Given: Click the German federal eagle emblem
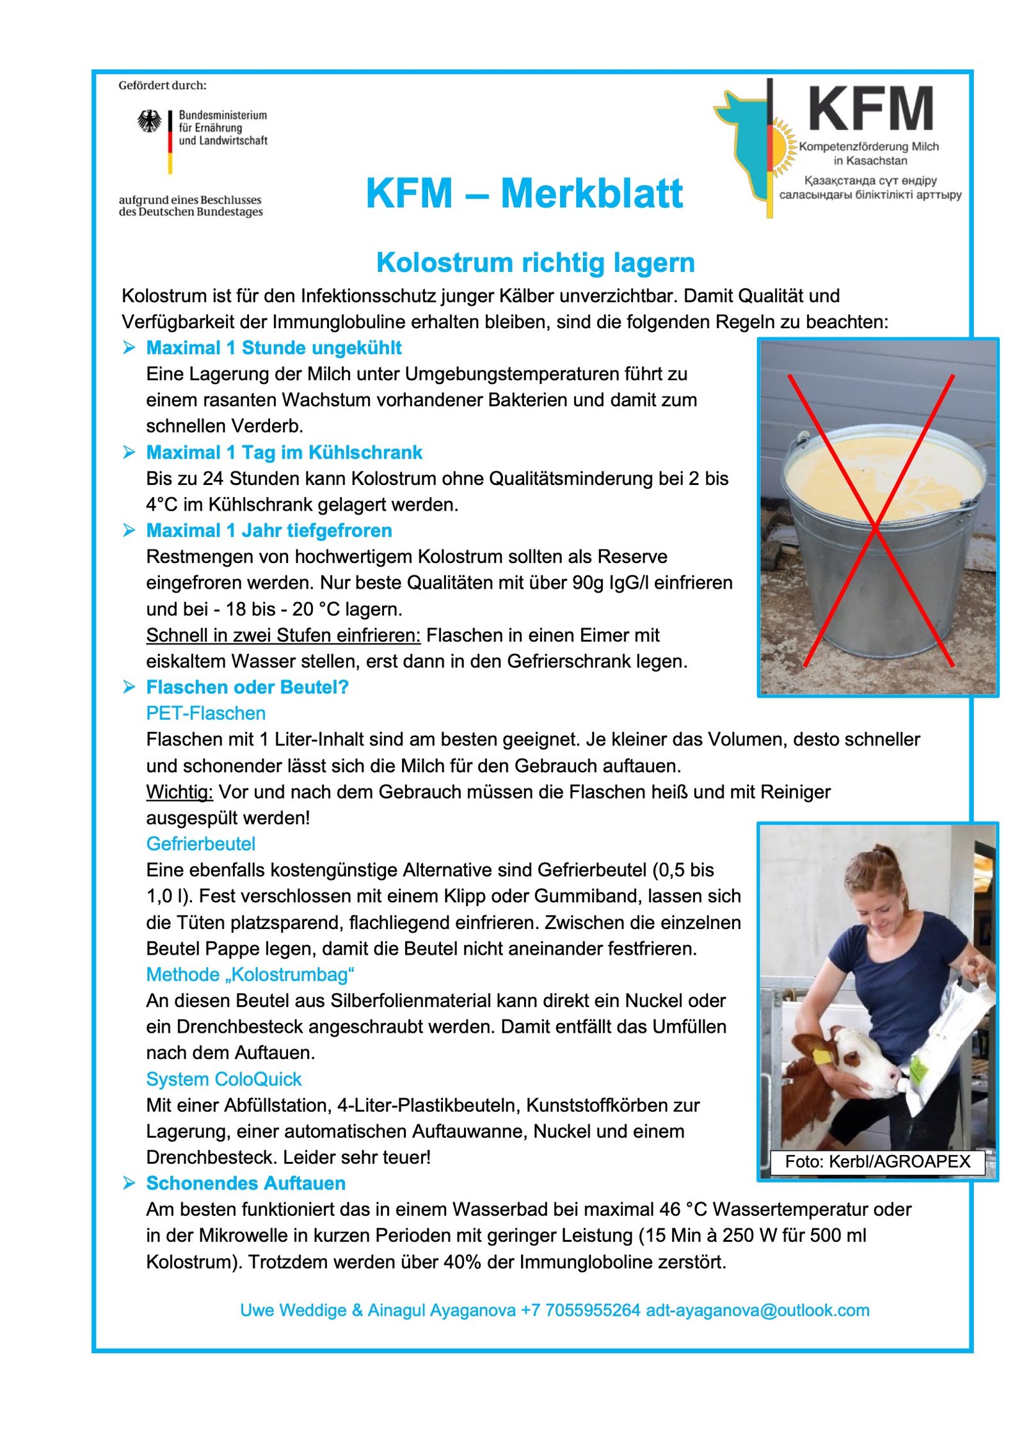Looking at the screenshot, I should pyautogui.click(x=149, y=121).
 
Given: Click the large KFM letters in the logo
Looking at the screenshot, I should pyautogui.click(x=870, y=109).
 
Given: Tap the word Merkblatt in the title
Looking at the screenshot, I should pyautogui.click(x=591, y=193).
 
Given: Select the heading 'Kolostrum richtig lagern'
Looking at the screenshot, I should pyautogui.click(x=535, y=263).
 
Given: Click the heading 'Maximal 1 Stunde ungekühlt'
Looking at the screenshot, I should pyautogui.click(x=273, y=348).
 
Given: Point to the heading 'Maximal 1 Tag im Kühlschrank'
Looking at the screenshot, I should pyautogui.click(x=284, y=452).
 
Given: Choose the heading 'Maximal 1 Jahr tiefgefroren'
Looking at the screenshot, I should pyautogui.click(x=269, y=530).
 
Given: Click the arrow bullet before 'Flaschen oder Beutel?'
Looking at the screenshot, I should pyautogui.click(x=129, y=687).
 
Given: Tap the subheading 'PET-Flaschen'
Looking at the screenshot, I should pyautogui.click(x=205, y=713).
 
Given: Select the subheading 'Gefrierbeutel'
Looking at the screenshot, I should pyautogui.click(x=200, y=844).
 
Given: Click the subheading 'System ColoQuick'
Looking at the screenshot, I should pyautogui.click(x=223, y=1079).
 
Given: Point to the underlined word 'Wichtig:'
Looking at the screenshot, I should pyautogui.click(x=179, y=792).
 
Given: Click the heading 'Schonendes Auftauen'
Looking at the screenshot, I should pyautogui.click(x=246, y=1184).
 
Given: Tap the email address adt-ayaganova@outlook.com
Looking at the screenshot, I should pyautogui.click(x=757, y=1310).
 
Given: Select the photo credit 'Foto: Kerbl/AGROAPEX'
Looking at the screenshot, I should pyautogui.click(x=877, y=1161).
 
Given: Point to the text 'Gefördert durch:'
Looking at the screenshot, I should pyautogui.click(x=162, y=85).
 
